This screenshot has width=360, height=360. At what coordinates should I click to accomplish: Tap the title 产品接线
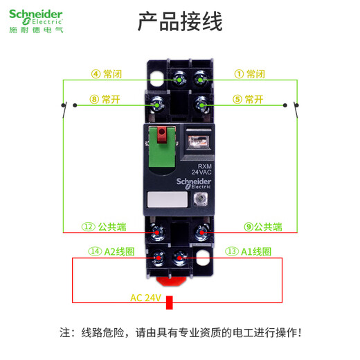coord(180,22)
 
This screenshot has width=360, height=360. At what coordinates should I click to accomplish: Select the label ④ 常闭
coord(106,74)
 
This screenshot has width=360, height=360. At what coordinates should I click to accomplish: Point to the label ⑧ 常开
coord(105,99)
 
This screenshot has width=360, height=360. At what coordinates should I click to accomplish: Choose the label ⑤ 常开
coord(249,99)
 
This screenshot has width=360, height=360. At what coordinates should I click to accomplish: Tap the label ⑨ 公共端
coord(262,226)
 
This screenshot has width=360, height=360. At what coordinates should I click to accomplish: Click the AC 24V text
coord(145,298)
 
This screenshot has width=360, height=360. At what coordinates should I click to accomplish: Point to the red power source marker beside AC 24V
coord(168,302)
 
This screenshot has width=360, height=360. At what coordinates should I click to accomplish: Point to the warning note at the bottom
coord(180,333)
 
